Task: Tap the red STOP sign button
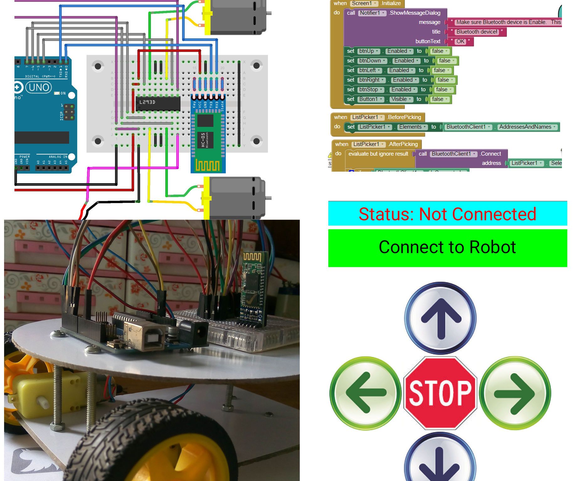(x=440, y=393)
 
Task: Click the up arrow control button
(x=441, y=318)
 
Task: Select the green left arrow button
(x=365, y=393)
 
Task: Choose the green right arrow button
(x=515, y=393)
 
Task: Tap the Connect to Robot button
(x=447, y=248)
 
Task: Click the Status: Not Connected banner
(x=447, y=214)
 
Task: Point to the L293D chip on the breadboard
(x=158, y=103)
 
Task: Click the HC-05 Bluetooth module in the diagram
(x=208, y=133)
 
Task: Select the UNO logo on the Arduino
(x=39, y=87)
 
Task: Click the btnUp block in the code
(x=368, y=51)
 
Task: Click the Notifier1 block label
(x=372, y=13)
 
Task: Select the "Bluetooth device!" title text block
(x=477, y=32)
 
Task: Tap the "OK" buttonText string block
(x=460, y=41)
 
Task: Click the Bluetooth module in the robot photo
(x=253, y=289)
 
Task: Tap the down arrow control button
(x=440, y=461)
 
